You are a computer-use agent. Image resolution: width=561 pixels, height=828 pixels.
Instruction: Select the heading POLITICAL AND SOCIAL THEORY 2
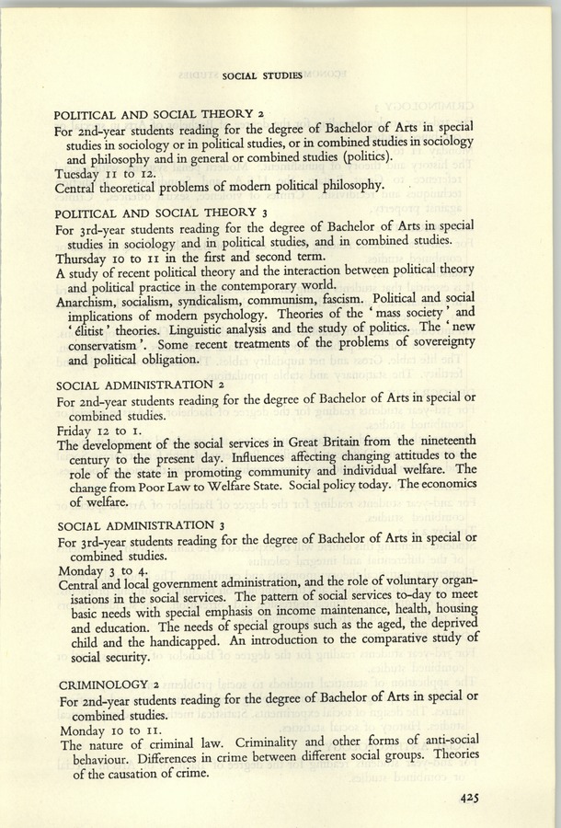tap(160, 114)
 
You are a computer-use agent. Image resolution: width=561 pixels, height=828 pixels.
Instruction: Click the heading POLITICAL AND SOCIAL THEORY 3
tap(160, 213)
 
